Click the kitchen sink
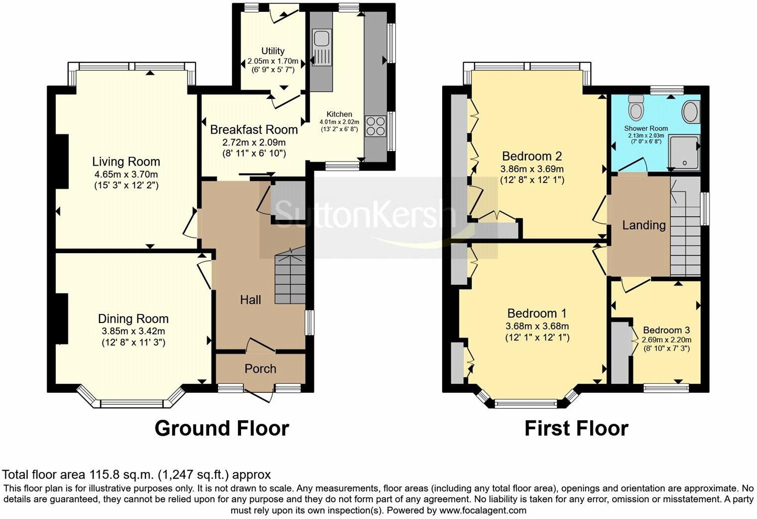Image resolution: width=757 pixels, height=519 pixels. click(321, 47)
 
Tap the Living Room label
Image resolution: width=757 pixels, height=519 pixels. click(126, 162)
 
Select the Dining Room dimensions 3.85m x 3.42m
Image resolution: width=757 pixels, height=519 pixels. click(133, 331)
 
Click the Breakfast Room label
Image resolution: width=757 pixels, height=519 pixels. click(254, 130)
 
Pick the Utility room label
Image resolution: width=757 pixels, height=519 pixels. click(273, 51)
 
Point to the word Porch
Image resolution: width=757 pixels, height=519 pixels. click(260, 368)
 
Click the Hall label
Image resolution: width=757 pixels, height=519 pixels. click(251, 300)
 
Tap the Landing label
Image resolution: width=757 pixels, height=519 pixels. click(643, 225)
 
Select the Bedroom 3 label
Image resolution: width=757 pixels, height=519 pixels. click(666, 330)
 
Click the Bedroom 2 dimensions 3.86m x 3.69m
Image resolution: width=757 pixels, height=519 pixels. click(532, 169)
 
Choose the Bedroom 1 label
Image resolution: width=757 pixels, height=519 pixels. click(537, 313)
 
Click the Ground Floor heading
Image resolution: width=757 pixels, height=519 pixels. click(222, 428)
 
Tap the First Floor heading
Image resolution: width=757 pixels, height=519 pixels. click(576, 428)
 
